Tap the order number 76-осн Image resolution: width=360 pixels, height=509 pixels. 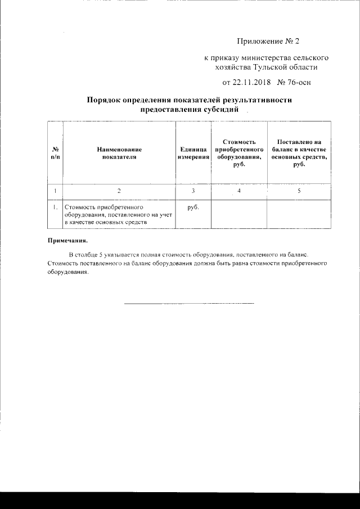click(299, 83)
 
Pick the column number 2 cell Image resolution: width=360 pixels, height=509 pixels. click(119, 191)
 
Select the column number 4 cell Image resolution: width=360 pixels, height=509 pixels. click(239, 191)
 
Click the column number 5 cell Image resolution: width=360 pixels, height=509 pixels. click(299, 191)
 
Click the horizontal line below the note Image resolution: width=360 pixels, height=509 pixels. click(188, 304)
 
